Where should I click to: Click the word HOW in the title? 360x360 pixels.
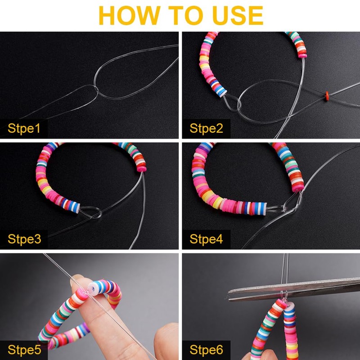129,15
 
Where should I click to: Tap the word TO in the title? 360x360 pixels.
186,15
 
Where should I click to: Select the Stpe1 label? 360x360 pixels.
24,128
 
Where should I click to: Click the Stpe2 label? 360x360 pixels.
206,128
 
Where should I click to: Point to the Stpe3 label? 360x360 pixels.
24,239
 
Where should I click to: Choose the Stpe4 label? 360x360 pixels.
206,239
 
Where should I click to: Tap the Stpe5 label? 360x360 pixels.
24,350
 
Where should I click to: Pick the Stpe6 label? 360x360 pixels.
206,350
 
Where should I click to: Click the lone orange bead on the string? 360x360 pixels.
327,96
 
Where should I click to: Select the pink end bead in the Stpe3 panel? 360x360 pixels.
142,169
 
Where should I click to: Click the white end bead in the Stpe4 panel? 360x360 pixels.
264,208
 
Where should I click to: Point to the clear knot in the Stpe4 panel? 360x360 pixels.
286,208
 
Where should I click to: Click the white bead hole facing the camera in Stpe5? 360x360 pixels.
92,287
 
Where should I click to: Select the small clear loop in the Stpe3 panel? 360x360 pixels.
91,212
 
